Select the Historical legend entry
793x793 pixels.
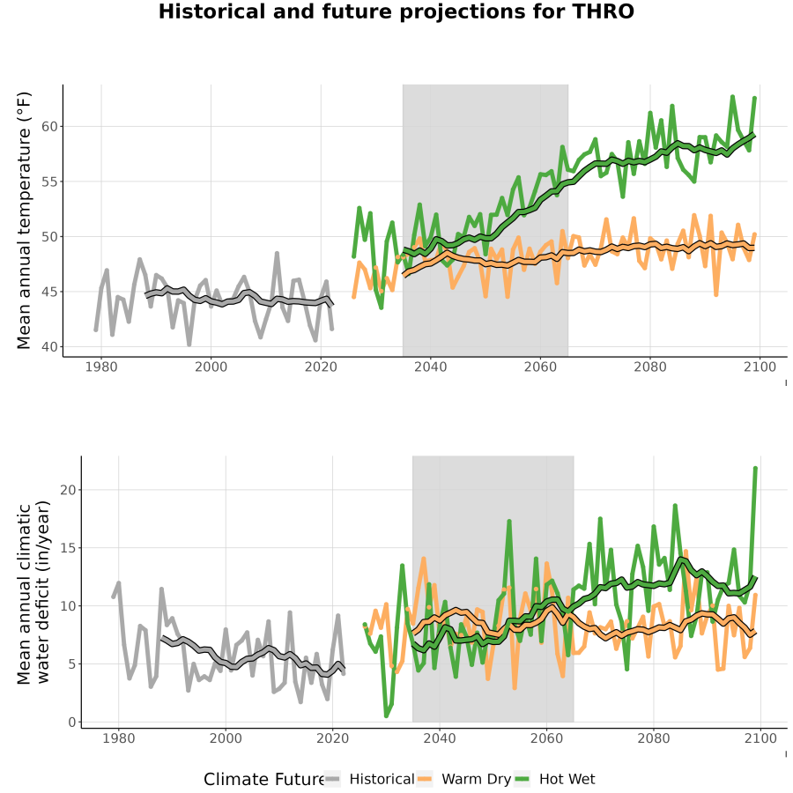click(x=369, y=779)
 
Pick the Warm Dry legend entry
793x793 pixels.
click(x=463, y=779)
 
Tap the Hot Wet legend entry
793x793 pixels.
click(x=555, y=779)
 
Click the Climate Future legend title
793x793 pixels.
click(x=263, y=779)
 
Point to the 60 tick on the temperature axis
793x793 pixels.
click(x=49, y=126)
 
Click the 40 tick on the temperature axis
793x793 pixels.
click(x=49, y=347)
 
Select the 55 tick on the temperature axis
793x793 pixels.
click(x=49, y=182)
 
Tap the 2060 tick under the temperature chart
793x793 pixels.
click(x=540, y=367)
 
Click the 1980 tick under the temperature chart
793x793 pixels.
click(x=101, y=367)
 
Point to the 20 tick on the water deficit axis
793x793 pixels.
click(x=68, y=490)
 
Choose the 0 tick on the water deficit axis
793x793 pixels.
click(x=72, y=723)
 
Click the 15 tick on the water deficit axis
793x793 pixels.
click(x=68, y=548)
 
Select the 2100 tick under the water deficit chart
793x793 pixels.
click(x=760, y=738)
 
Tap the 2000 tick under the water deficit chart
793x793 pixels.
click(x=226, y=738)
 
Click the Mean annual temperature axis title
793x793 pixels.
click(x=24, y=220)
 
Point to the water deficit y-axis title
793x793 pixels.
click(x=33, y=592)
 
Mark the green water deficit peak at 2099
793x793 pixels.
click(x=756, y=468)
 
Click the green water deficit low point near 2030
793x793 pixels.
click(x=387, y=715)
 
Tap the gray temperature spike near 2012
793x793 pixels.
click(x=278, y=253)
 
